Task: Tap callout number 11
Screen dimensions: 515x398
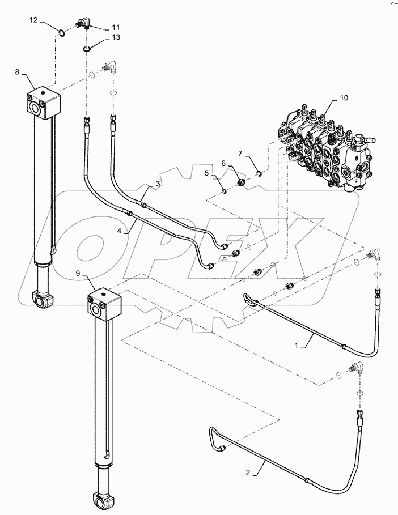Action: [116, 27]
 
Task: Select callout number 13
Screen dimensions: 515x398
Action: [116, 38]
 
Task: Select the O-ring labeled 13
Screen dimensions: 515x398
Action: [86, 49]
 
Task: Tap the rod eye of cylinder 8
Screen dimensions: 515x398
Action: [41, 299]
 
